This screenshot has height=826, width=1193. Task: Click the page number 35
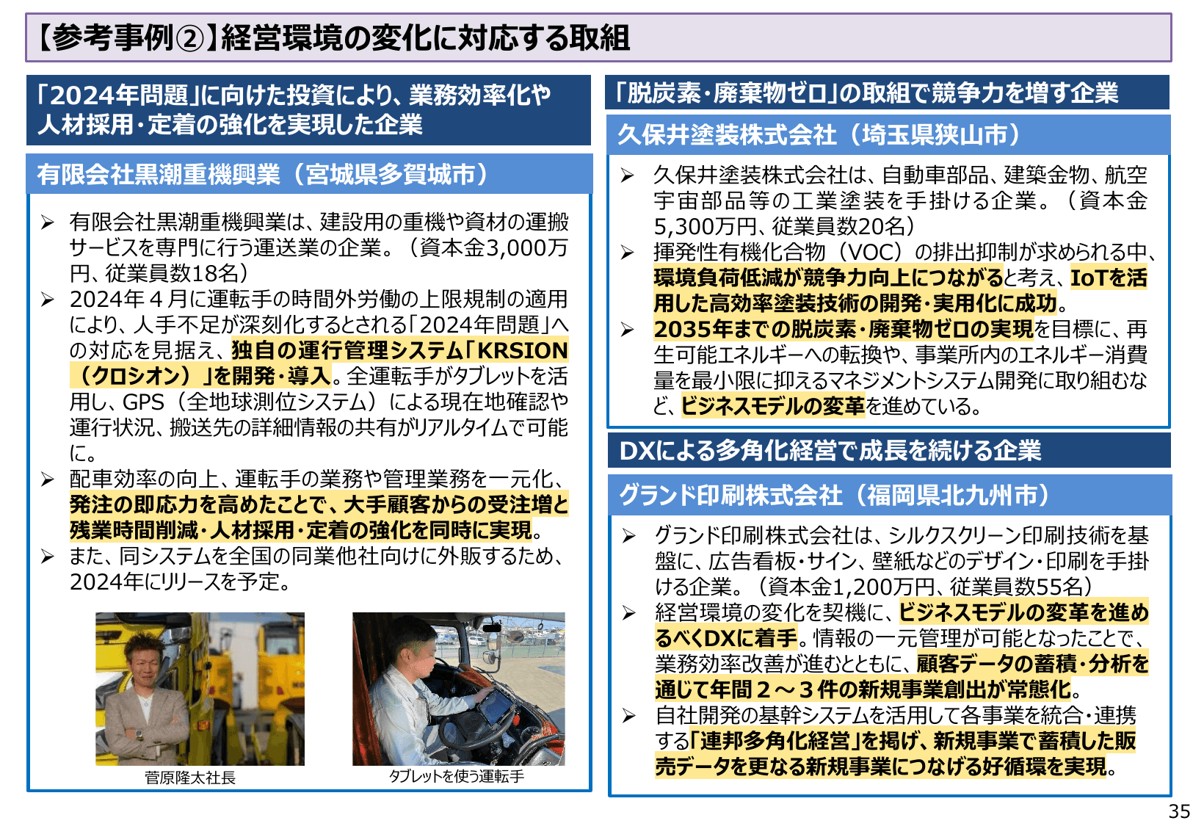click(1179, 811)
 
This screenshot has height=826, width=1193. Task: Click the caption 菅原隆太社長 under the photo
click(190, 778)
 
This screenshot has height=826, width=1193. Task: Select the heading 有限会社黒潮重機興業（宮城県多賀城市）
click(263, 175)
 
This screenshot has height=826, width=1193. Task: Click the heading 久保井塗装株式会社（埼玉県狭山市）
click(819, 135)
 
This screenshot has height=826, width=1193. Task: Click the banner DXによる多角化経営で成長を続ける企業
click(830, 451)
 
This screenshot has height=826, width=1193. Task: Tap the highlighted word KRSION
click(523, 350)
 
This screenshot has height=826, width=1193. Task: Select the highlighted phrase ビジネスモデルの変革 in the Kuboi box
click(773, 406)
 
